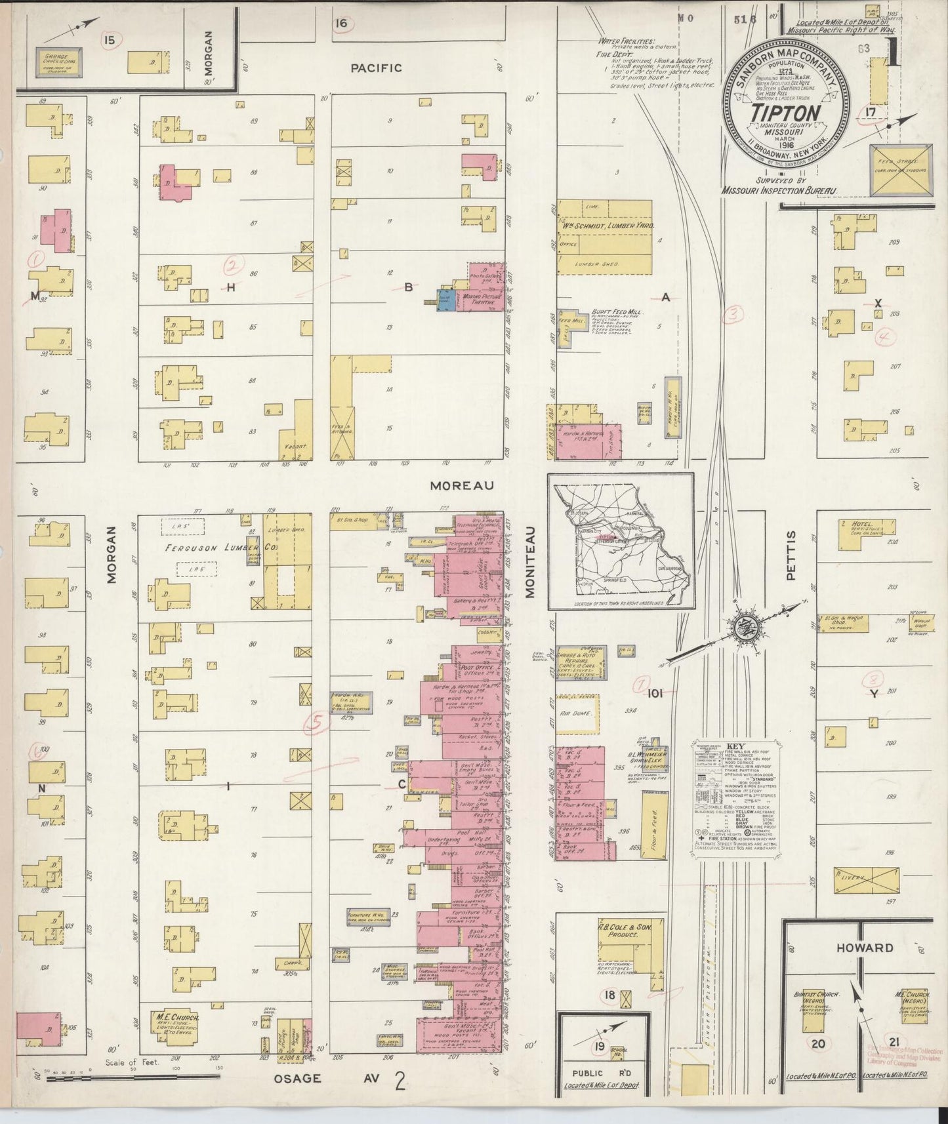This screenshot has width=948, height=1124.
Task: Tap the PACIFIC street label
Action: (x=376, y=68)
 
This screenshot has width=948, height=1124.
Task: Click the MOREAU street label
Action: (x=452, y=485)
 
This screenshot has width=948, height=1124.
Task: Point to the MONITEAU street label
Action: (x=529, y=561)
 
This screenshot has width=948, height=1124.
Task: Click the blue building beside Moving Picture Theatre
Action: (x=446, y=300)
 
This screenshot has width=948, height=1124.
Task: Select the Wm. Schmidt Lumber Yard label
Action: (x=607, y=225)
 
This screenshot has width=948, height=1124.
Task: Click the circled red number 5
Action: (x=318, y=722)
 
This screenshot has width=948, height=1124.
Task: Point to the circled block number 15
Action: (x=109, y=41)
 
